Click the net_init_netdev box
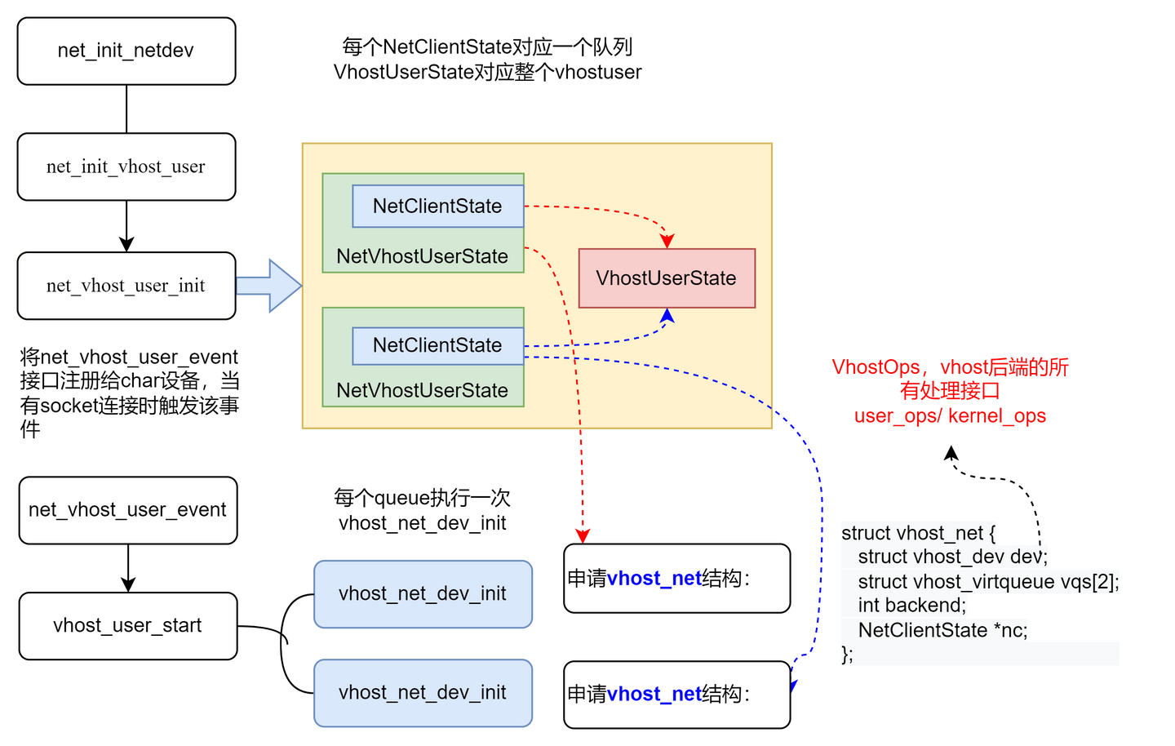point(126,51)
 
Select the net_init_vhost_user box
point(126,167)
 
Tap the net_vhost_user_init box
point(126,286)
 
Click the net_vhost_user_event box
point(128,510)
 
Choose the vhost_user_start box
point(128,626)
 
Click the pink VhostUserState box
point(667,278)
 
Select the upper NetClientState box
point(437,206)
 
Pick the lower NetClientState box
point(437,345)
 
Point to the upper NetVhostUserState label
point(422,256)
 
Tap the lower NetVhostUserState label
point(422,390)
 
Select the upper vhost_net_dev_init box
point(423,593)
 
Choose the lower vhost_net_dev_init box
point(423,693)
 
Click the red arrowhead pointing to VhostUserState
point(667,241)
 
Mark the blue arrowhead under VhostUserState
point(667,316)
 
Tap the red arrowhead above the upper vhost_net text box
point(582,535)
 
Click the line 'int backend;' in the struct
point(911,606)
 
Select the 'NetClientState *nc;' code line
point(942,630)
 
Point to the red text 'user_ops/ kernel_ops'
point(950,416)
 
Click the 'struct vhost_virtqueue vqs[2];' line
point(988,582)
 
